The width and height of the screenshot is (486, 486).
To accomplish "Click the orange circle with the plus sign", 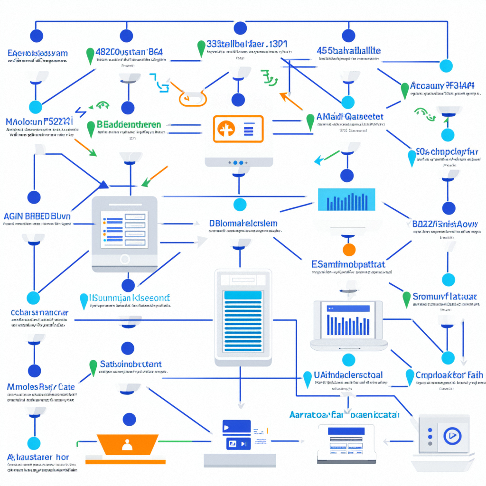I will pos(226,129).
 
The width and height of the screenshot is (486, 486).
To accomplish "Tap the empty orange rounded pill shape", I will pos(193,98).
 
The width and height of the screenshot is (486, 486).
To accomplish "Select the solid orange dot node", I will pos(349,250).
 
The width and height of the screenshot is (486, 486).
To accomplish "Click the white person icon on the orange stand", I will pos(126,445).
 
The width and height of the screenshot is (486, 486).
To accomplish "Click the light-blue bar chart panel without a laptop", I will pos(346,199).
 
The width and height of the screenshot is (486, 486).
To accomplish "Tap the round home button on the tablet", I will pos(124,259).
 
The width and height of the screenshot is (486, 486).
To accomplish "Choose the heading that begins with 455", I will pos(349,50).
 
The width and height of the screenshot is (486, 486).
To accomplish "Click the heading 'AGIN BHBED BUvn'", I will pos(37,216).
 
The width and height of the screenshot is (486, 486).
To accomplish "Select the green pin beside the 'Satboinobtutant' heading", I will pos(93,366).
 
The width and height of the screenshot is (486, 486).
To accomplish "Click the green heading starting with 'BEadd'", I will pos(129,124).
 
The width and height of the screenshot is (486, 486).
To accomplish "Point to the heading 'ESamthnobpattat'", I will pos(348,264).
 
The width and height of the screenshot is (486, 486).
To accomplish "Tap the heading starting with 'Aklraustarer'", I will pos(38,457).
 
